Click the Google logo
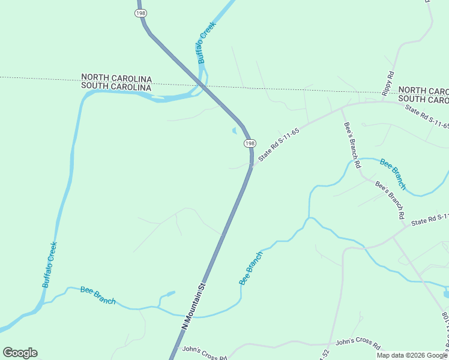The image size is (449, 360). click(x=20, y=353)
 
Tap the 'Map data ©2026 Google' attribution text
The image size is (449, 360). click(x=412, y=355)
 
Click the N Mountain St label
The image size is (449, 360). click(x=194, y=305)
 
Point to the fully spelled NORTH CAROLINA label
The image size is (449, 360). click(x=116, y=78)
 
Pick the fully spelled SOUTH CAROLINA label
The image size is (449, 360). click(x=116, y=87)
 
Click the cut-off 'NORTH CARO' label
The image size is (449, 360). click(x=423, y=90)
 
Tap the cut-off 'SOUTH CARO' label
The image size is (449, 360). click(x=423, y=98)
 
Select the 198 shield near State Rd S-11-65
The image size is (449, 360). click(x=250, y=143)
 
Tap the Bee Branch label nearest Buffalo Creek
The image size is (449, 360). click(x=98, y=295)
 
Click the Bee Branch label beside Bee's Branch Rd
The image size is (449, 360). click(x=393, y=174)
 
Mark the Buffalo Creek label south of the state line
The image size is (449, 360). click(x=50, y=265)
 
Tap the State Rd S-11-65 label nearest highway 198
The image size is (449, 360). click(x=279, y=145)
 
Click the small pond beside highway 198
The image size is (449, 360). click(x=234, y=131)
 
